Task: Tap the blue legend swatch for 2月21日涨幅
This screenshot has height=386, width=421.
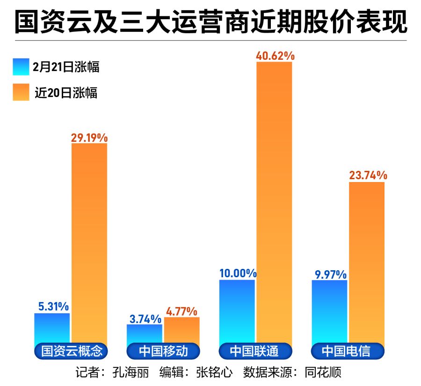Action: click(22, 67)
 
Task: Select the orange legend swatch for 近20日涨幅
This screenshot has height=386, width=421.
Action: click(22, 92)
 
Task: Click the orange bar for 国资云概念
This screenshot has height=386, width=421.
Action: click(89, 243)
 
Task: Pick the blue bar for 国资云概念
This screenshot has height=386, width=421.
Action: click(52, 329)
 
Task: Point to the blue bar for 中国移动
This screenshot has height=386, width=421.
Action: click(145, 334)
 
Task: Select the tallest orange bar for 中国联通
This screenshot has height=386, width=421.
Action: click(274, 201)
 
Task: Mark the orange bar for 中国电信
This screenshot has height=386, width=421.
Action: click(367, 261)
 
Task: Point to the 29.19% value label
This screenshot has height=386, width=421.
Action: click(89, 138)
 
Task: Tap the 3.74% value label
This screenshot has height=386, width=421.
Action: click(145, 319)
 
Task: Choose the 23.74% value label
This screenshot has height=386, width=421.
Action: click(368, 176)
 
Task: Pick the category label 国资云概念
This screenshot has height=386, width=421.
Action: click(72, 351)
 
